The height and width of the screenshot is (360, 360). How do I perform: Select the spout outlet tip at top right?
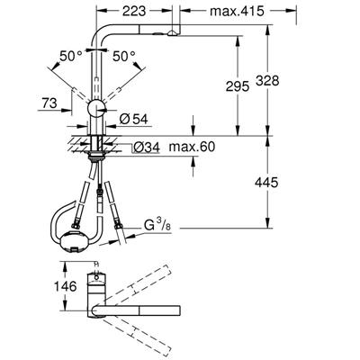[x=166, y=29]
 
